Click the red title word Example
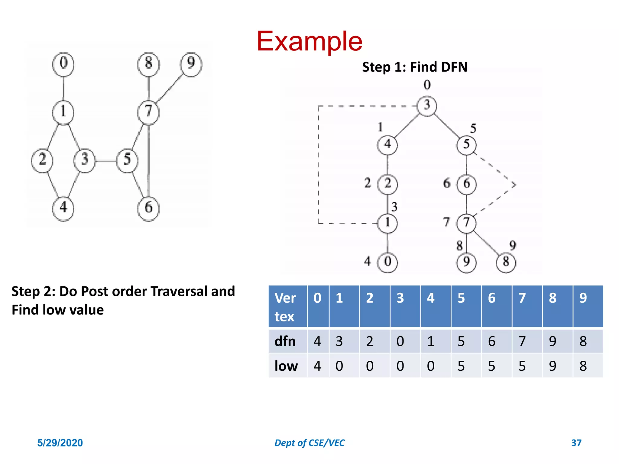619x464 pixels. tap(309, 41)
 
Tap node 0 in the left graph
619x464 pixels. tap(63, 64)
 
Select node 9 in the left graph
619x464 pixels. tap(191, 64)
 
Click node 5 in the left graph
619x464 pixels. tap(127, 160)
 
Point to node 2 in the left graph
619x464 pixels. tap(42, 160)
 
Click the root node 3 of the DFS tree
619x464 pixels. tap(426, 106)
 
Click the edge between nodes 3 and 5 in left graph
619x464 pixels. tap(106, 161)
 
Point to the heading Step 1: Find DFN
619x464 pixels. tap(415, 67)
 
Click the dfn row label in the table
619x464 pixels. tap(285, 341)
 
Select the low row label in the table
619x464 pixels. tap(286, 366)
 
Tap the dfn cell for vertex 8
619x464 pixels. tap(553, 341)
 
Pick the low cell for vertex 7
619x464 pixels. tap(522, 366)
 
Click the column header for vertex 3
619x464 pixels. tap(400, 298)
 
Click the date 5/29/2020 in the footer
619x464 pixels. tap(60, 443)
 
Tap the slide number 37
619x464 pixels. tap(576, 443)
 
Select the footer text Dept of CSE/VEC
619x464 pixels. tap(309, 443)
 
